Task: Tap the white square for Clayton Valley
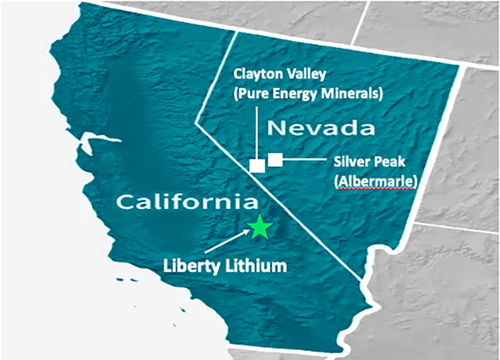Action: click(257, 166)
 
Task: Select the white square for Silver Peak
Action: click(275, 160)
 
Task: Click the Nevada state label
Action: click(321, 128)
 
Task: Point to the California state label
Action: click(187, 202)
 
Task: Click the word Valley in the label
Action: click(303, 73)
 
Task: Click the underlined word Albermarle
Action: click(376, 182)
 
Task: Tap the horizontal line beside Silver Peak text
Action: click(304, 160)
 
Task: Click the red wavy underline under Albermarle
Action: click(376, 189)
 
